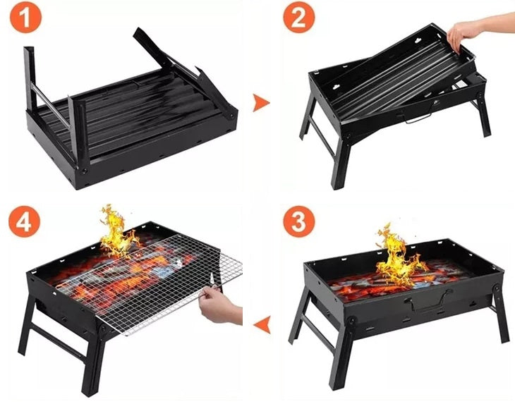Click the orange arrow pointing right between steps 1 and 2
pos(262,102)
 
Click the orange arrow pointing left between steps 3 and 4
pos(262,324)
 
